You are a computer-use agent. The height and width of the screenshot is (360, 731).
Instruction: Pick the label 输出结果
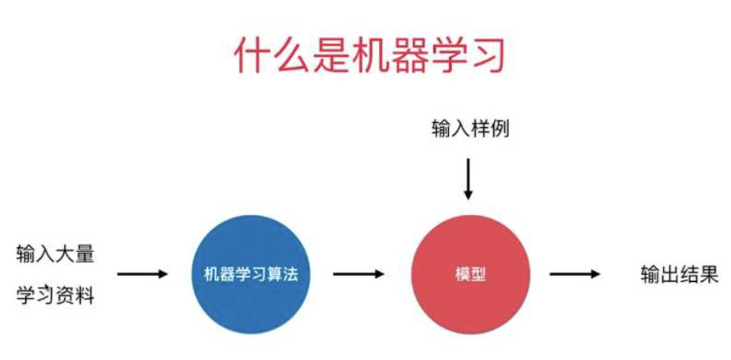(679, 275)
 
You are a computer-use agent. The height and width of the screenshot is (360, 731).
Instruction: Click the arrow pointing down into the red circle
(469, 179)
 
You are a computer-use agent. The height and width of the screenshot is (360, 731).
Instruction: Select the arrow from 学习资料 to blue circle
(143, 274)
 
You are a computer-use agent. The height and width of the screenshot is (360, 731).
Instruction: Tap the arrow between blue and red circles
(358, 274)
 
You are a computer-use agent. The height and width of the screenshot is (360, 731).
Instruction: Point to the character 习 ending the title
(482, 54)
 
